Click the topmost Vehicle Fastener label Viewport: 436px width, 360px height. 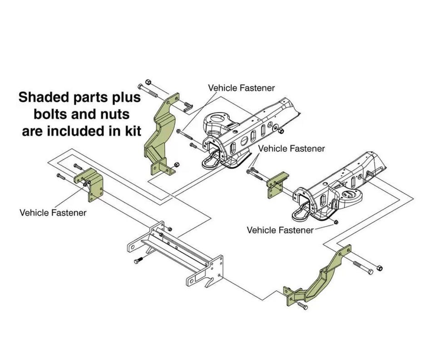point(241,88)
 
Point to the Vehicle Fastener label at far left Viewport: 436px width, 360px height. point(53,213)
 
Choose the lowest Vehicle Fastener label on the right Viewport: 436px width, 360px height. point(280,230)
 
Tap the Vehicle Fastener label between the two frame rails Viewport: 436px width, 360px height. point(292,149)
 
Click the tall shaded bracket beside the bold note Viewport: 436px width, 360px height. point(160,133)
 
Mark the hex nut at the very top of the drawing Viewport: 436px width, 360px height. point(148,82)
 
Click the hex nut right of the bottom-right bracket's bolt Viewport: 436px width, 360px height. point(380,268)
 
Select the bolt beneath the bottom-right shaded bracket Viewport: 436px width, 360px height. point(302,305)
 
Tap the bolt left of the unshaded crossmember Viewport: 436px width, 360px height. point(138,260)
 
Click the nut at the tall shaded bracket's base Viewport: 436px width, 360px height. point(176,165)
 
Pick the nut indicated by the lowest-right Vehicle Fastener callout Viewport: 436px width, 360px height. point(336,222)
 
